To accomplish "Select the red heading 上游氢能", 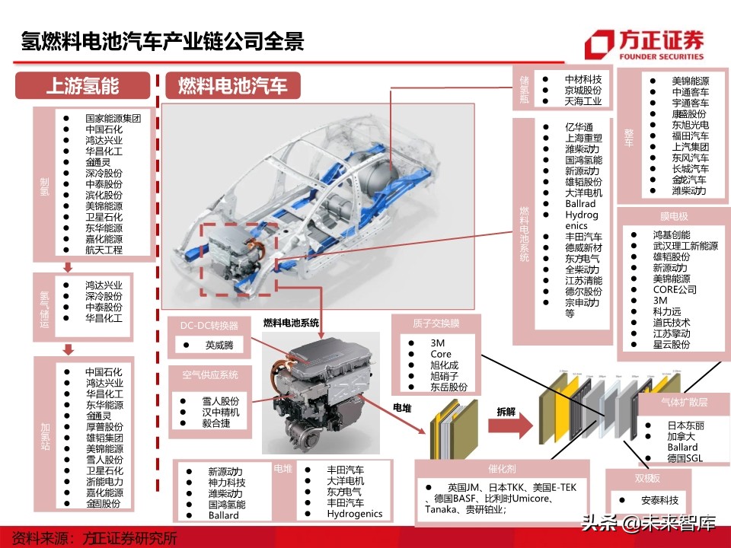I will pyautogui.click(x=83, y=85).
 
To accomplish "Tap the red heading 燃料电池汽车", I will pyautogui.click(x=232, y=85).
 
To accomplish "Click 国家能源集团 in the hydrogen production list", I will pyautogui.click(x=113, y=119).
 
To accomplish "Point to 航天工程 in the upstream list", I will pyautogui.click(x=104, y=250).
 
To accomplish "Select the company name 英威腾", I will pyautogui.click(x=220, y=345).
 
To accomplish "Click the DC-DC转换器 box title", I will pyautogui.click(x=209, y=325).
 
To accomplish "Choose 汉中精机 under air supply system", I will pyautogui.click(x=220, y=412).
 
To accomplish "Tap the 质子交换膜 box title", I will pyautogui.click(x=434, y=323).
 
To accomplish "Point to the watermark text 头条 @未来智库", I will pyautogui.click(x=647, y=524).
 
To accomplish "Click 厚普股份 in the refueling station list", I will pyautogui.click(x=104, y=427).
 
